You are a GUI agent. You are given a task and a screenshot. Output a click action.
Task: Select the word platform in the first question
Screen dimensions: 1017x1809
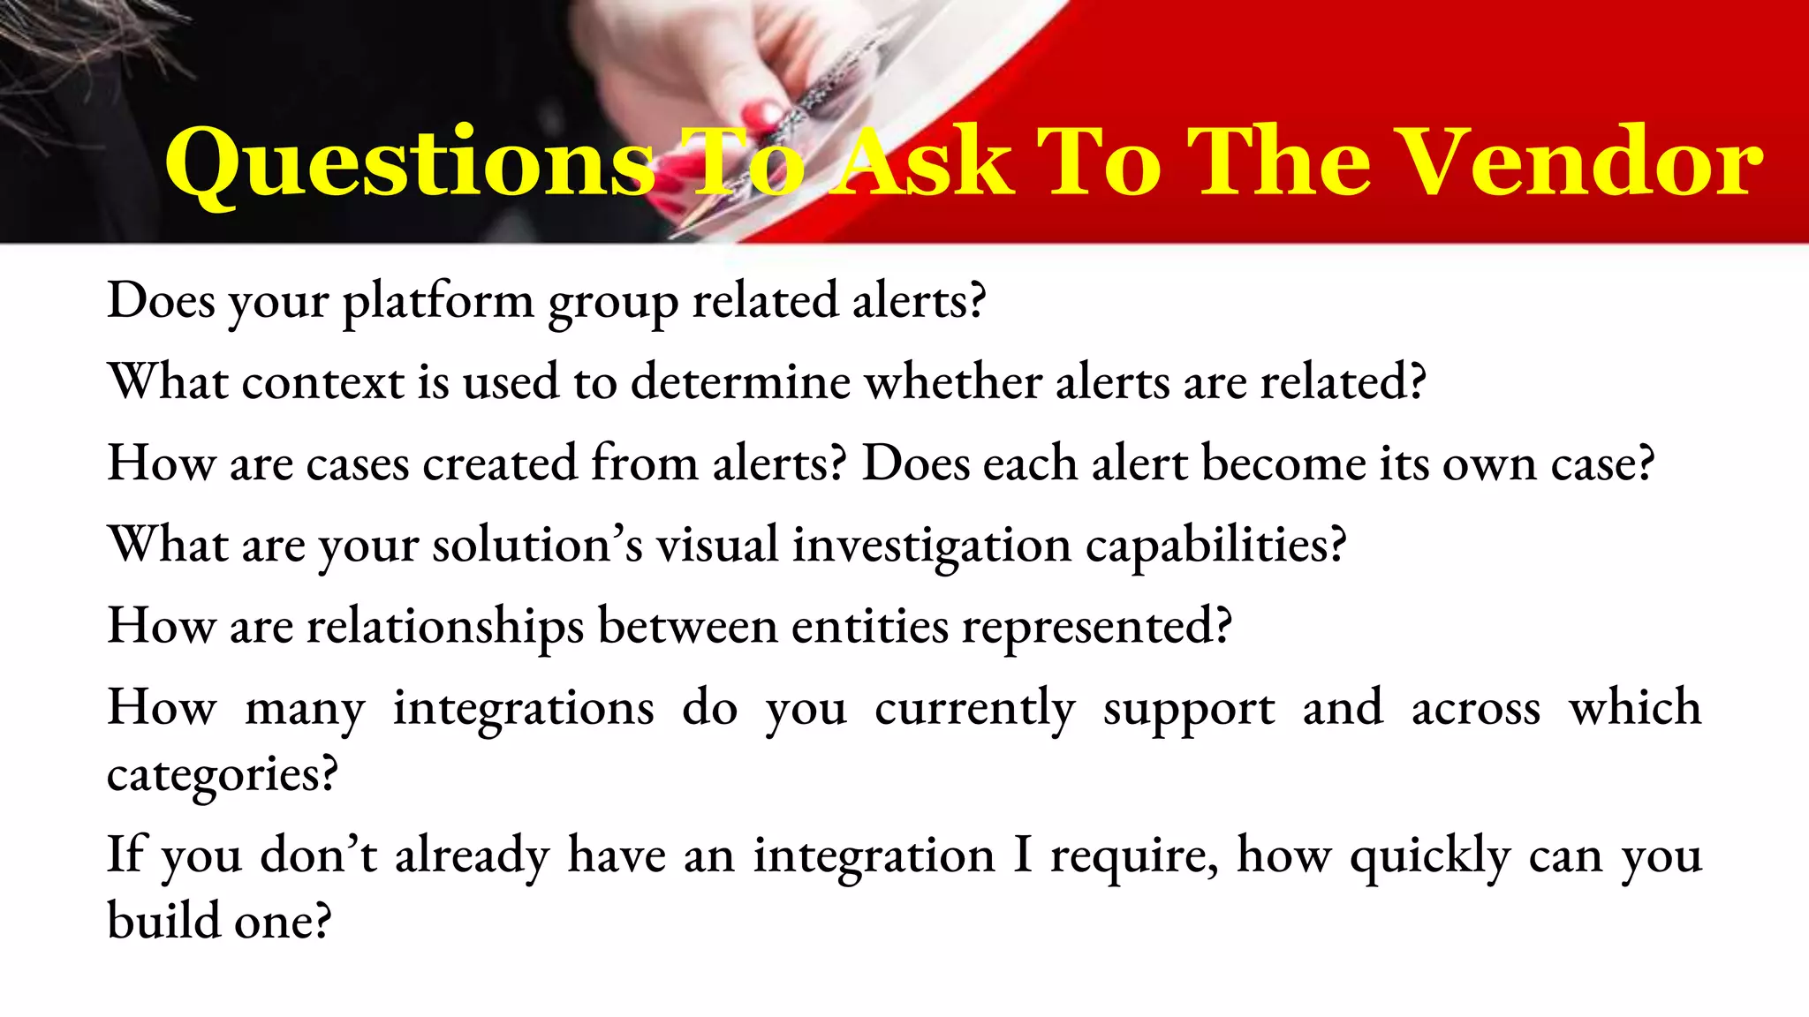tap(438, 302)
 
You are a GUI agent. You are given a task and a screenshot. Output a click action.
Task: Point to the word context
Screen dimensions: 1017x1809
tap(322, 383)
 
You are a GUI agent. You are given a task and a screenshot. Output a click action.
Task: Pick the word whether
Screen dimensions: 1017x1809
tap(952, 382)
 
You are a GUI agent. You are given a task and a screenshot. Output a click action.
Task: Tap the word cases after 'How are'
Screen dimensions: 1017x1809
tap(358, 463)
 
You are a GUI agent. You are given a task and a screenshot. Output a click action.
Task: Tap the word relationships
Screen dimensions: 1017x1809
tap(445, 627)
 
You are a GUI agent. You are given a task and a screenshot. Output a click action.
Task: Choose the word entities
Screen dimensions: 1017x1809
tap(869, 626)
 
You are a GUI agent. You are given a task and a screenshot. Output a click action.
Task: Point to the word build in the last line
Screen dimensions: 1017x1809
tap(163, 921)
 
